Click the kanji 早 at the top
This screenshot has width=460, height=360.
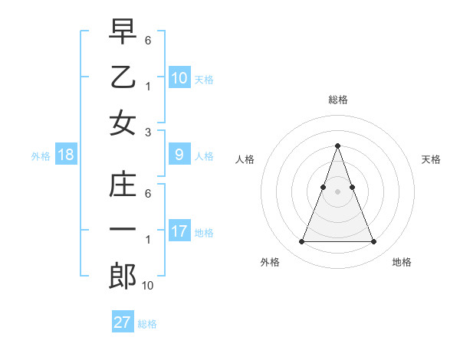pyautogui.click(x=123, y=32)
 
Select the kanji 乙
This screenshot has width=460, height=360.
pyautogui.click(x=123, y=77)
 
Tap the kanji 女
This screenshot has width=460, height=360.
pyautogui.click(x=123, y=123)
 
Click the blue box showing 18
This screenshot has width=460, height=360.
pyautogui.click(x=66, y=155)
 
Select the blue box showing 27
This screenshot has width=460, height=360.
pyautogui.click(x=123, y=322)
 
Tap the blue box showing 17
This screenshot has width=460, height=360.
pyautogui.click(x=179, y=231)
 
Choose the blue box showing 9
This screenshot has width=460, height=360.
pyautogui.click(x=179, y=155)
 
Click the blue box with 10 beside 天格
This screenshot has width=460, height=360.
pyautogui.click(x=179, y=78)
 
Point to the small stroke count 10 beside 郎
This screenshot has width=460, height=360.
pyautogui.click(x=148, y=286)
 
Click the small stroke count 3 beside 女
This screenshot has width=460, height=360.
pyautogui.click(x=148, y=132)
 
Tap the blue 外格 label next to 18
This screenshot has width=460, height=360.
pyautogui.click(x=41, y=156)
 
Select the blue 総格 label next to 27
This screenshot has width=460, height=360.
pyautogui.click(x=147, y=323)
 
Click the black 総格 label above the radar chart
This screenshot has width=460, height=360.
pyautogui.click(x=338, y=100)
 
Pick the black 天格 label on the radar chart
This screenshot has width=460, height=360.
pyautogui.click(x=431, y=159)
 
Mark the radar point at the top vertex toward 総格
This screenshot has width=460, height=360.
pyautogui.click(x=338, y=146)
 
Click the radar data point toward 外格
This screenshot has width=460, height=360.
pyautogui.click(x=301, y=242)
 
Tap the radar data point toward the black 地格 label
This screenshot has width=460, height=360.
pyautogui.click(x=374, y=242)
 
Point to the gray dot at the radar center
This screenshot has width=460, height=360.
pyautogui.click(x=338, y=191)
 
